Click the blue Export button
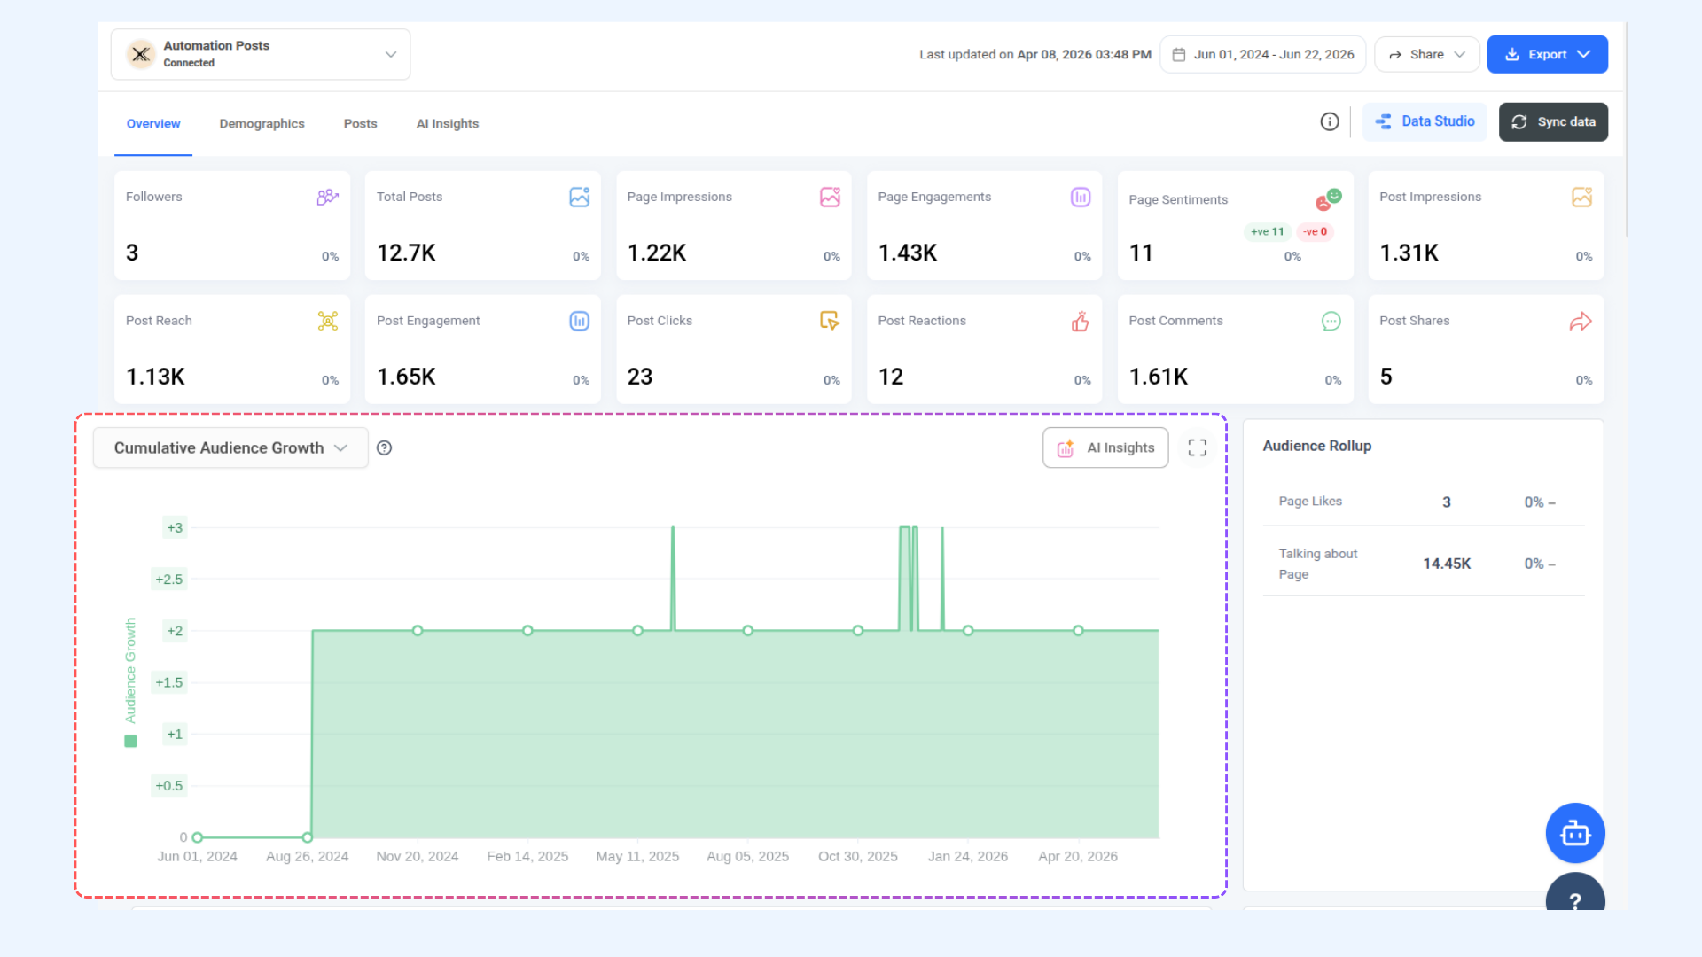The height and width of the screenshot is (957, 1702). (x=1547, y=54)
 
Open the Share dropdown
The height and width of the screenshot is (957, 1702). (x=1426, y=54)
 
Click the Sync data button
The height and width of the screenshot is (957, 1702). (x=1553, y=121)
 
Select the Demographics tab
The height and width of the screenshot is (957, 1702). (x=262, y=123)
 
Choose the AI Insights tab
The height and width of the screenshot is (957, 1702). (x=448, y=123)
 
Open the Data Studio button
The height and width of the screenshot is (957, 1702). (x=1425, y=121)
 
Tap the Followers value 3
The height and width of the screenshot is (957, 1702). (x=132, y=253)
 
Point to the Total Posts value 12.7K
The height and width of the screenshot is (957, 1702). (x=406, y=253)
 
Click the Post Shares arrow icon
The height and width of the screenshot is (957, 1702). (x=1581, y=322)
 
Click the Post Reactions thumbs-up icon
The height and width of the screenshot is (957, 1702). (x=1080, y=322)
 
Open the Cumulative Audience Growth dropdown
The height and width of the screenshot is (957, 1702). (x=230, y=447)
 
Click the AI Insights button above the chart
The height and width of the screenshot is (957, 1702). (x=1105, y=447)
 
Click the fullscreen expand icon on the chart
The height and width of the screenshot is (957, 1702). (x=1197, y=447)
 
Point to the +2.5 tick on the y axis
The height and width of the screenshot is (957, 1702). (x=169, y=580)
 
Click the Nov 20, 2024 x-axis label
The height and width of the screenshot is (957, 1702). (x=418, y=856)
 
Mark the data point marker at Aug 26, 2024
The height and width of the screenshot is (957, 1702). (x=308, y=837)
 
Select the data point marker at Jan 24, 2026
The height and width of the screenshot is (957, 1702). (x=968, y=631)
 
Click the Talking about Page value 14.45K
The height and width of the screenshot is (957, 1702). (x=1447, y=564)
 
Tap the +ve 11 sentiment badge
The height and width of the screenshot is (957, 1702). (x=1268, y=231)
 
